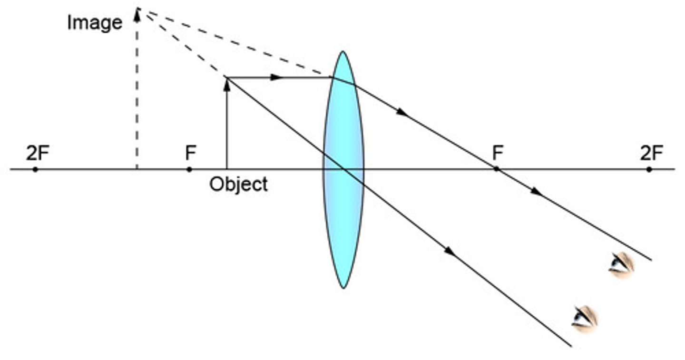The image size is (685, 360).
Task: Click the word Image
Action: [x=94, y=22]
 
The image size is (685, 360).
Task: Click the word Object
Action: [x=238, y=184]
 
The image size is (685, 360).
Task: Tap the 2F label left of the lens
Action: [x=38, y=154]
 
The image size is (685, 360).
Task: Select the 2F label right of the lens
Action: [x=651, y=154]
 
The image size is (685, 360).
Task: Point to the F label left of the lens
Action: [x=190, y=154]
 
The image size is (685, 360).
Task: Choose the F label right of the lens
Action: [x=498, y=154]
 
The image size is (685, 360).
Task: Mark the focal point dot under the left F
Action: [x=189, y=169]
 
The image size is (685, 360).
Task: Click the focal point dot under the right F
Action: [x=496, y=169]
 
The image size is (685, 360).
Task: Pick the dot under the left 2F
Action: [x=35, y=169]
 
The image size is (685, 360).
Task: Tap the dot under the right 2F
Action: [x=649, y=169]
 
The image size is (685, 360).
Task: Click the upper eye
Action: [x=621, y=264]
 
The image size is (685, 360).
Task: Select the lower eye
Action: [x=584, y=318]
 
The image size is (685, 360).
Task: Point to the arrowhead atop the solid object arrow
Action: [x=227, y=85]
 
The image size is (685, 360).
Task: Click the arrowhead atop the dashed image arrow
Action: [x=137, y=16]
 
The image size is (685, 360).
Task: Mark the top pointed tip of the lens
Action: [x=342, y=52]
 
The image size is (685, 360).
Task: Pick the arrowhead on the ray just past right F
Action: [x=536, y=192]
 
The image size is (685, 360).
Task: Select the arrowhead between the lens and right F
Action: [x=402, y=113]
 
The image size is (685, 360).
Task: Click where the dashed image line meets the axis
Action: [x=137, y=169]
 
